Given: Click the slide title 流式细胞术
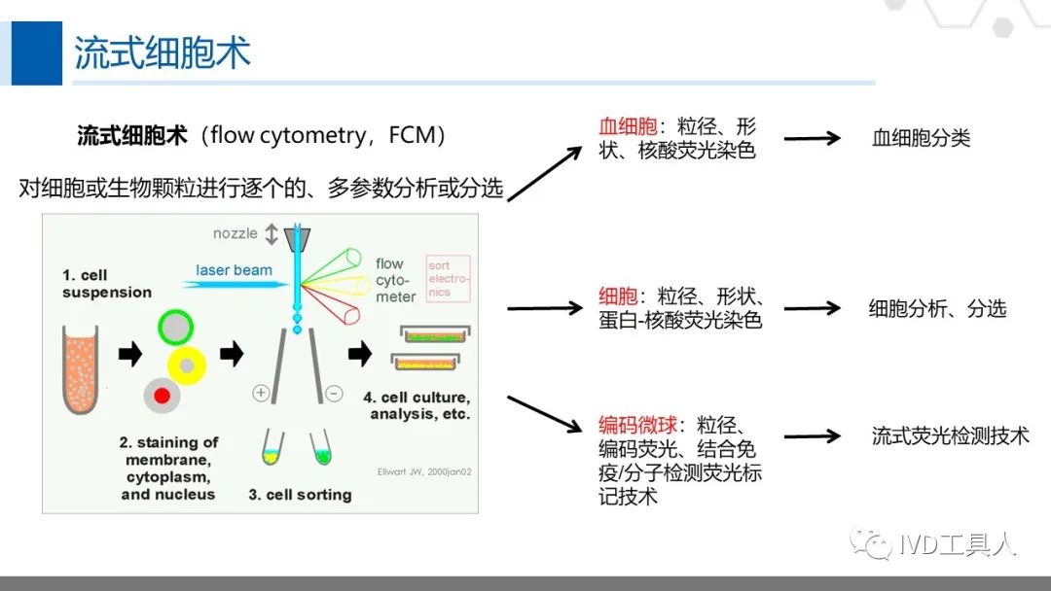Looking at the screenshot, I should [x=163, y=52].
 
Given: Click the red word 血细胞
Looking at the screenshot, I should [x=628, y=127].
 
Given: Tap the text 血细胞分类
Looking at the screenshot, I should [x=921, y=138].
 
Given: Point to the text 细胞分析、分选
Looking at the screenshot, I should [x=937, y=309].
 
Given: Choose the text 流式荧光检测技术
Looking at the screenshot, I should [x=950, y=435].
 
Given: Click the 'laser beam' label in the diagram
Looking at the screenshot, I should [x=234, y=270].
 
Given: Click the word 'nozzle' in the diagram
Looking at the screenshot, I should [x=236, y=233].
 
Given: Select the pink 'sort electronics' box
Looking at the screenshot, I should [x=449, y=278].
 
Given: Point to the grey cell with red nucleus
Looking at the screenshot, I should [x=161, y=395].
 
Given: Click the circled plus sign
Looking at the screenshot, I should [x=261, y=394].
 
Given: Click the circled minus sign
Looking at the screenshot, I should [x=334, y=394].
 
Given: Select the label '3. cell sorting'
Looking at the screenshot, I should [x=300, y=494].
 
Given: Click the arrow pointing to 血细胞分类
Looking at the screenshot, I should [x=812, y=138].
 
